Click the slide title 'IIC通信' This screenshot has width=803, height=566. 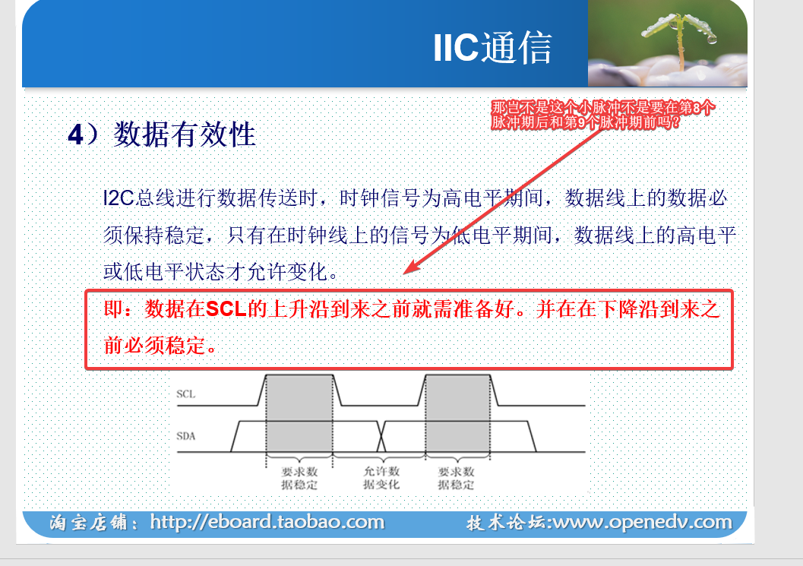(x=492, y=48)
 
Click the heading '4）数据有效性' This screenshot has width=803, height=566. (x=162, y=134)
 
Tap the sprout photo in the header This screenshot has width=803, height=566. (x=667, y=43)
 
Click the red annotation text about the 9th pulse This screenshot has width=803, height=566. (x=602, y=115)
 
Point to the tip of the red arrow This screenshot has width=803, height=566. (x=404, y=274)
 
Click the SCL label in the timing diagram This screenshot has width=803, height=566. (x=185, y=394)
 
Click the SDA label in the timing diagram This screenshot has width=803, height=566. (x=185, y=436)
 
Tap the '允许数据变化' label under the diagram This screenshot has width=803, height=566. (x=381, y=477)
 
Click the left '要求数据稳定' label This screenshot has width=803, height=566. (x=299, y=478)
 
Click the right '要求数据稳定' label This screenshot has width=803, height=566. (x=456, y=478)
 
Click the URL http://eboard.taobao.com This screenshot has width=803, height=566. (x=267, y=522)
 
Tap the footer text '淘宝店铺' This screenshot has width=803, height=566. (x=89, y=523)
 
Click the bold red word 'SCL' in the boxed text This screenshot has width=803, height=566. (x=226, y=309)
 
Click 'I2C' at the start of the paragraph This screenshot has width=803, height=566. (x=119, y=198)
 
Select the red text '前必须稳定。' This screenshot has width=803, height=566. (x=160, y=346)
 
